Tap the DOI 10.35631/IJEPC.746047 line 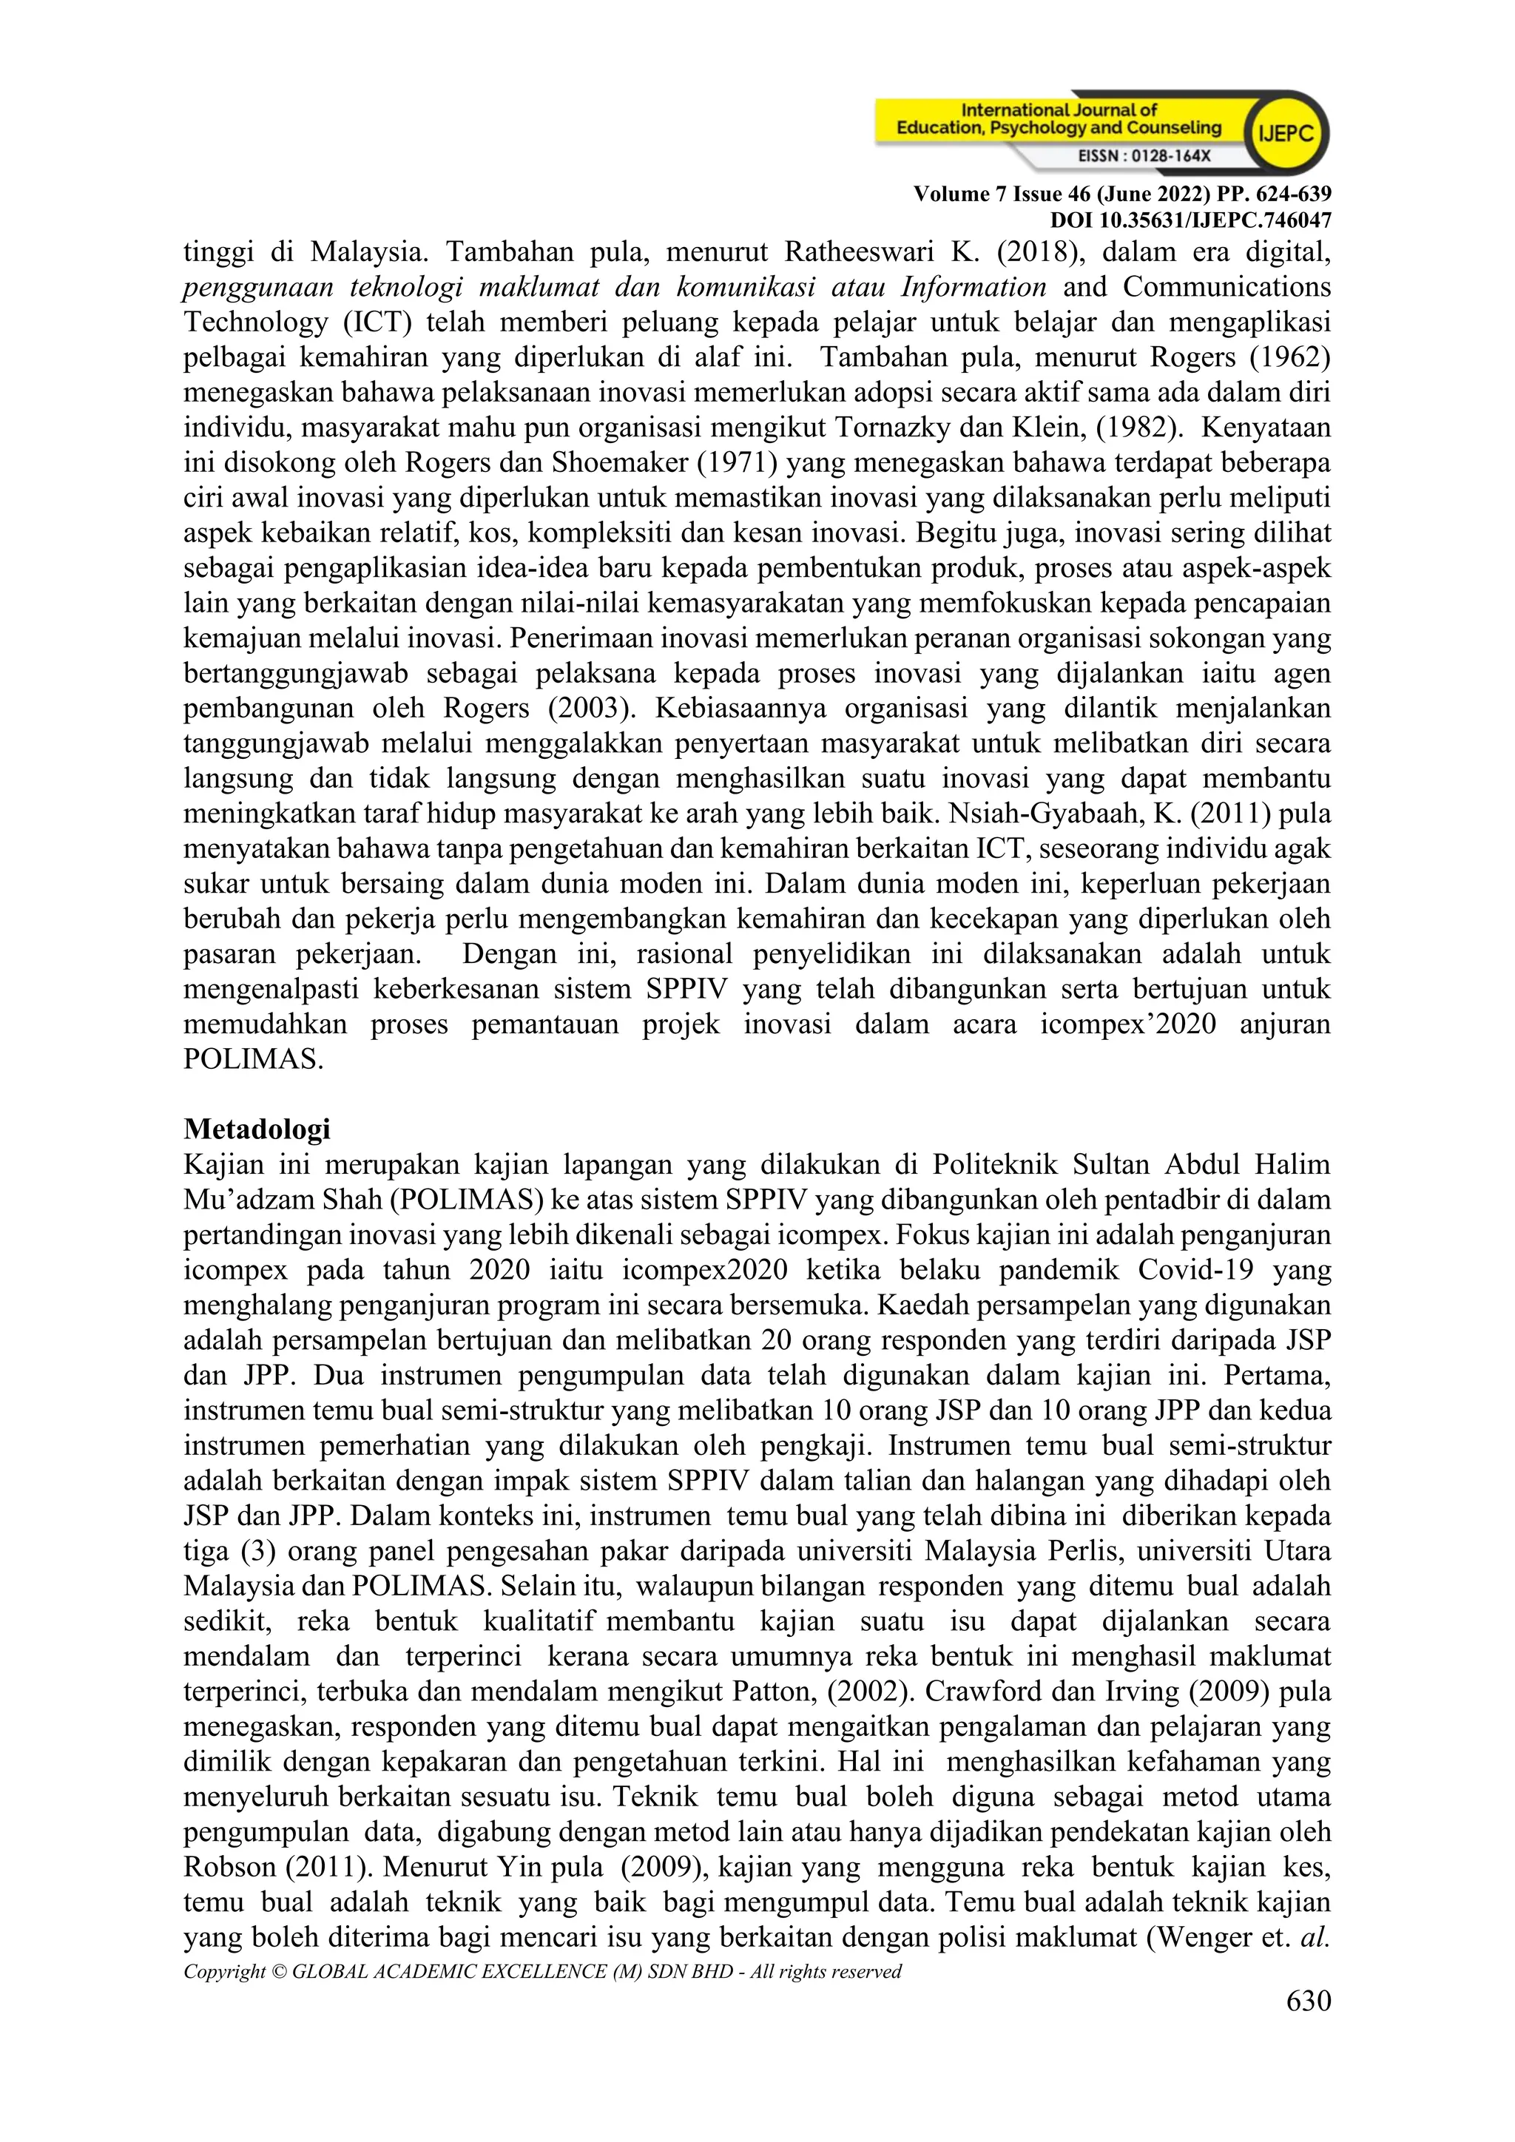click(1190, 220)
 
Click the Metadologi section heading click(257, 1129)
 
